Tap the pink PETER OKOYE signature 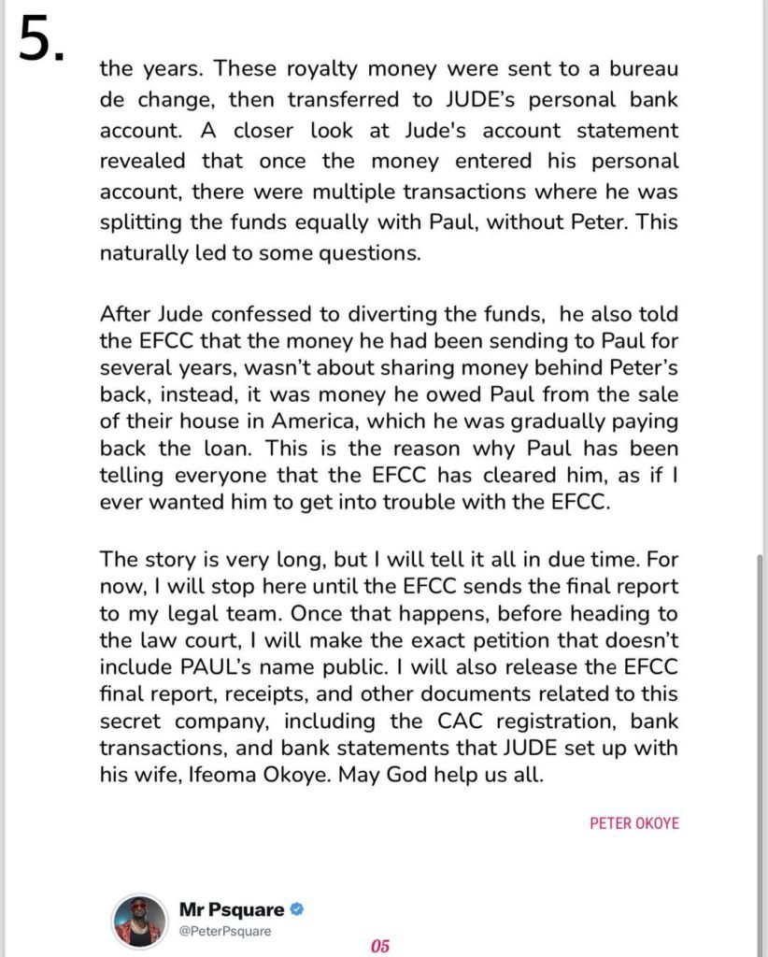pos(634,824)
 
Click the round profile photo pos(139,921)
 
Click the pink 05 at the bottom pos(379,945)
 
